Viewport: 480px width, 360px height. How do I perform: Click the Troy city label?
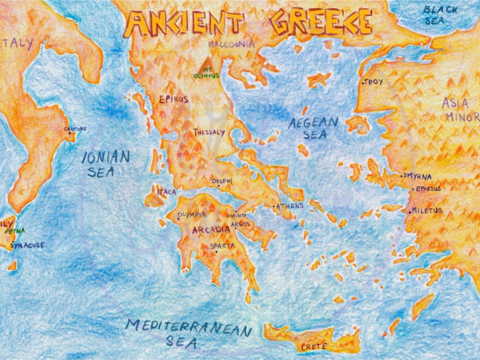coord(374,82)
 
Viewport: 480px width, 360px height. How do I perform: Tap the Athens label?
coord(289,206)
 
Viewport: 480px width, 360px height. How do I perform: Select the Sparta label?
coord(223,246)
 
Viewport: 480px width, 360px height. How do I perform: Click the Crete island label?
coord(314,346)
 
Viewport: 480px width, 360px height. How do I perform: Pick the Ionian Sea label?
coord(105,164)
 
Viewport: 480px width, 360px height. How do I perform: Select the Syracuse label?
coord(27,245)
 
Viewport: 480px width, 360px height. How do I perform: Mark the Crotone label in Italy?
coord(75,129)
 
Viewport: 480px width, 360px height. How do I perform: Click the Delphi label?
coord(222,181)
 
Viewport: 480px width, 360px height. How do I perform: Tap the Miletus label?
coord(427,210)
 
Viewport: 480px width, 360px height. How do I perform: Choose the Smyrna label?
coord(418,176)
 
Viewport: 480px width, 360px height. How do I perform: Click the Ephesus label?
coord(428,189)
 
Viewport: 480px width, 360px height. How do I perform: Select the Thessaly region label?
coord(209,132)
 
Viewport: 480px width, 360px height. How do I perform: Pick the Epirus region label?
coord(173,99)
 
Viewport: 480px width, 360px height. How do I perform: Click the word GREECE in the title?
coord(321,22)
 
